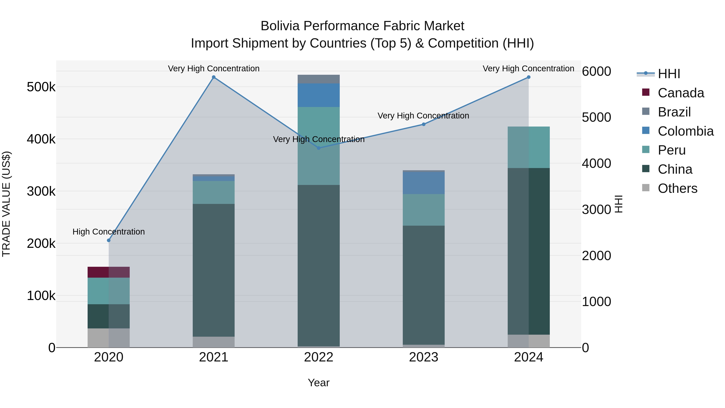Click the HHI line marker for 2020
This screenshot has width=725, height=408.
click(x=109, y=240)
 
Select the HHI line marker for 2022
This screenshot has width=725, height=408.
click(x=319, y=148)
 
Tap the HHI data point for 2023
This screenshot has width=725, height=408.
click(x=424, y=124)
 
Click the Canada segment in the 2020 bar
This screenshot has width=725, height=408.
click(x=109, y=272)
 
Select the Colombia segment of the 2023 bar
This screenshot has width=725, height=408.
click(x=424, y=183)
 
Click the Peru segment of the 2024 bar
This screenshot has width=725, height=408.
click(x=529, y=147)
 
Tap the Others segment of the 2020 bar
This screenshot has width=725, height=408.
click(x=109, y=338)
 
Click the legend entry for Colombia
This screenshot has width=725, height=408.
click(x=686, y=131)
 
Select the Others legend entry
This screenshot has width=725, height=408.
click(x=677, y=188)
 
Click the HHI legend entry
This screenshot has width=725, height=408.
click(x=669, y=74)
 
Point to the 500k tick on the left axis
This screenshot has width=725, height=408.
click(x=41, y=87)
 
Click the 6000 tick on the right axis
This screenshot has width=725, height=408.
click(x=596, y=71)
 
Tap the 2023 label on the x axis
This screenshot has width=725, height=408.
click(x=424, y=357)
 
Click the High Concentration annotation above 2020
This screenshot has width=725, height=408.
click(x=109, y=232)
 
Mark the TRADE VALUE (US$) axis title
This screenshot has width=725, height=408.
click(x=6, y=204)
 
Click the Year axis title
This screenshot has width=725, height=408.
click(x=319, y=383)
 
